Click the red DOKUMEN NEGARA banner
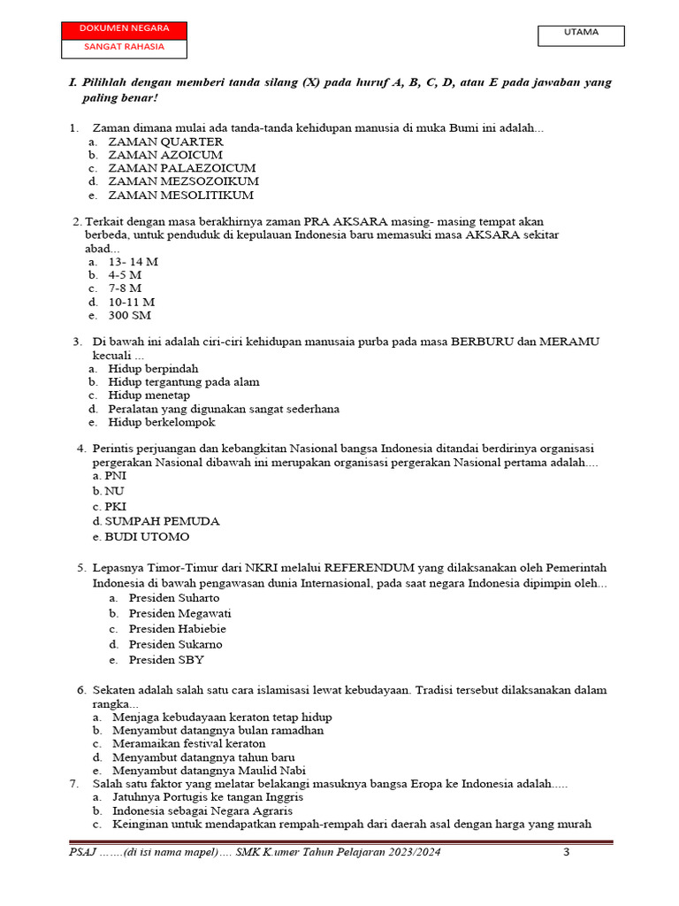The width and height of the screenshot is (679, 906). point(124,29)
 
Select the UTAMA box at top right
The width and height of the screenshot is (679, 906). point(581,34)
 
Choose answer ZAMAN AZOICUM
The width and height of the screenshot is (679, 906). point(164,155)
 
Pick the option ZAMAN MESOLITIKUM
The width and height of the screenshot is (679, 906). point(180,195)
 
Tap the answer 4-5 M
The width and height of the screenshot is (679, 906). point(125,275)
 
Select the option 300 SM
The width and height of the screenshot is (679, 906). point(129,315)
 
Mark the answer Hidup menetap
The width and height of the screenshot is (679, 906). point(149,395)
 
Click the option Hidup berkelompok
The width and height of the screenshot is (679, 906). point(161,422)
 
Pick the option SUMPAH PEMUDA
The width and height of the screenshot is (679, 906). point(162,521)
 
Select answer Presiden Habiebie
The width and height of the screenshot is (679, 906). point(177,629)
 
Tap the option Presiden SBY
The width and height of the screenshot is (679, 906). point(166,660)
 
